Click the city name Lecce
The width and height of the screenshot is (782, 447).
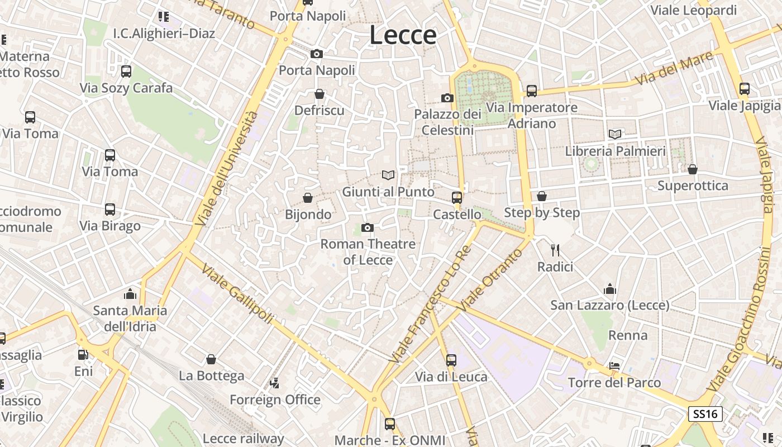403,35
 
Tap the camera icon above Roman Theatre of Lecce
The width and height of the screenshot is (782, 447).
368,227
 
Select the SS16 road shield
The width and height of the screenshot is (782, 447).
705,414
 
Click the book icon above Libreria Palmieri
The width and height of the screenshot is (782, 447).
615,134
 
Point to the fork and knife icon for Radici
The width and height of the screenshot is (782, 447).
555,250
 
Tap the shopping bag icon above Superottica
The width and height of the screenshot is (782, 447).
693,169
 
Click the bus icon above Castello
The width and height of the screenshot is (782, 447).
457,197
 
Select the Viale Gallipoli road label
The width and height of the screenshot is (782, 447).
237,293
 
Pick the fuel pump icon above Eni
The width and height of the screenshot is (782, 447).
83,354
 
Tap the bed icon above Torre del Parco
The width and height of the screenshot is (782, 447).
614,366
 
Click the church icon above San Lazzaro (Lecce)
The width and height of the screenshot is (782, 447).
610,289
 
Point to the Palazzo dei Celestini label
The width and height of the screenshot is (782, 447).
447,122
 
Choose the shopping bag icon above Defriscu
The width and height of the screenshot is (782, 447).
320,94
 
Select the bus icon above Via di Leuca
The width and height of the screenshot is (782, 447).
451,360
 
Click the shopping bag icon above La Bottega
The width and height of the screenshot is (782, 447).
211,359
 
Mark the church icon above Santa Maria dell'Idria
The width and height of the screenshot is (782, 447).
130,293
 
